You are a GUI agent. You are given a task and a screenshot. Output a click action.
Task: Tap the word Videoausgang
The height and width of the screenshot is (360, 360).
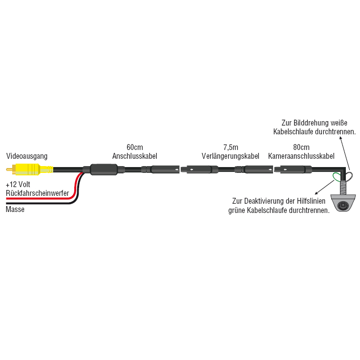click(26, 156)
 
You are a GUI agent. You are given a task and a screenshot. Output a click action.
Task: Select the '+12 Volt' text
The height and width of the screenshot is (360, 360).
click(18, 186)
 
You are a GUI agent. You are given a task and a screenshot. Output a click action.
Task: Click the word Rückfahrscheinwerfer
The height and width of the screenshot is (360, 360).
click(37, 193)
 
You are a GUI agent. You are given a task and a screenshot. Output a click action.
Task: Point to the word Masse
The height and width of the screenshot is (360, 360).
click(15, 210)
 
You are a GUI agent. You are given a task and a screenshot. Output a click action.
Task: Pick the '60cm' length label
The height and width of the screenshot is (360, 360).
click(134, 148)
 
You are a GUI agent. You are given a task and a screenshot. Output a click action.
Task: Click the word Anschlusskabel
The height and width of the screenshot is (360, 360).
click(134, 156)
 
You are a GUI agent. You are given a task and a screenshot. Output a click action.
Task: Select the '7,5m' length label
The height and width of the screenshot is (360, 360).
click(230, 148)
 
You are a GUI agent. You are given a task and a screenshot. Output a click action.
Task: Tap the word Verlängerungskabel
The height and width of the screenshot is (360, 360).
click(230, 156)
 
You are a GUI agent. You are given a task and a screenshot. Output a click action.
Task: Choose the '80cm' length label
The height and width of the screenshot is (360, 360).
click(301, 148)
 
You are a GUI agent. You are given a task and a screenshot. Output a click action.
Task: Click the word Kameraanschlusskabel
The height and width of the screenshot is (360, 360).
click(301, 156)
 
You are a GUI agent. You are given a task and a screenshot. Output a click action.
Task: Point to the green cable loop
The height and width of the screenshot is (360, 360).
click(337, 177)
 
